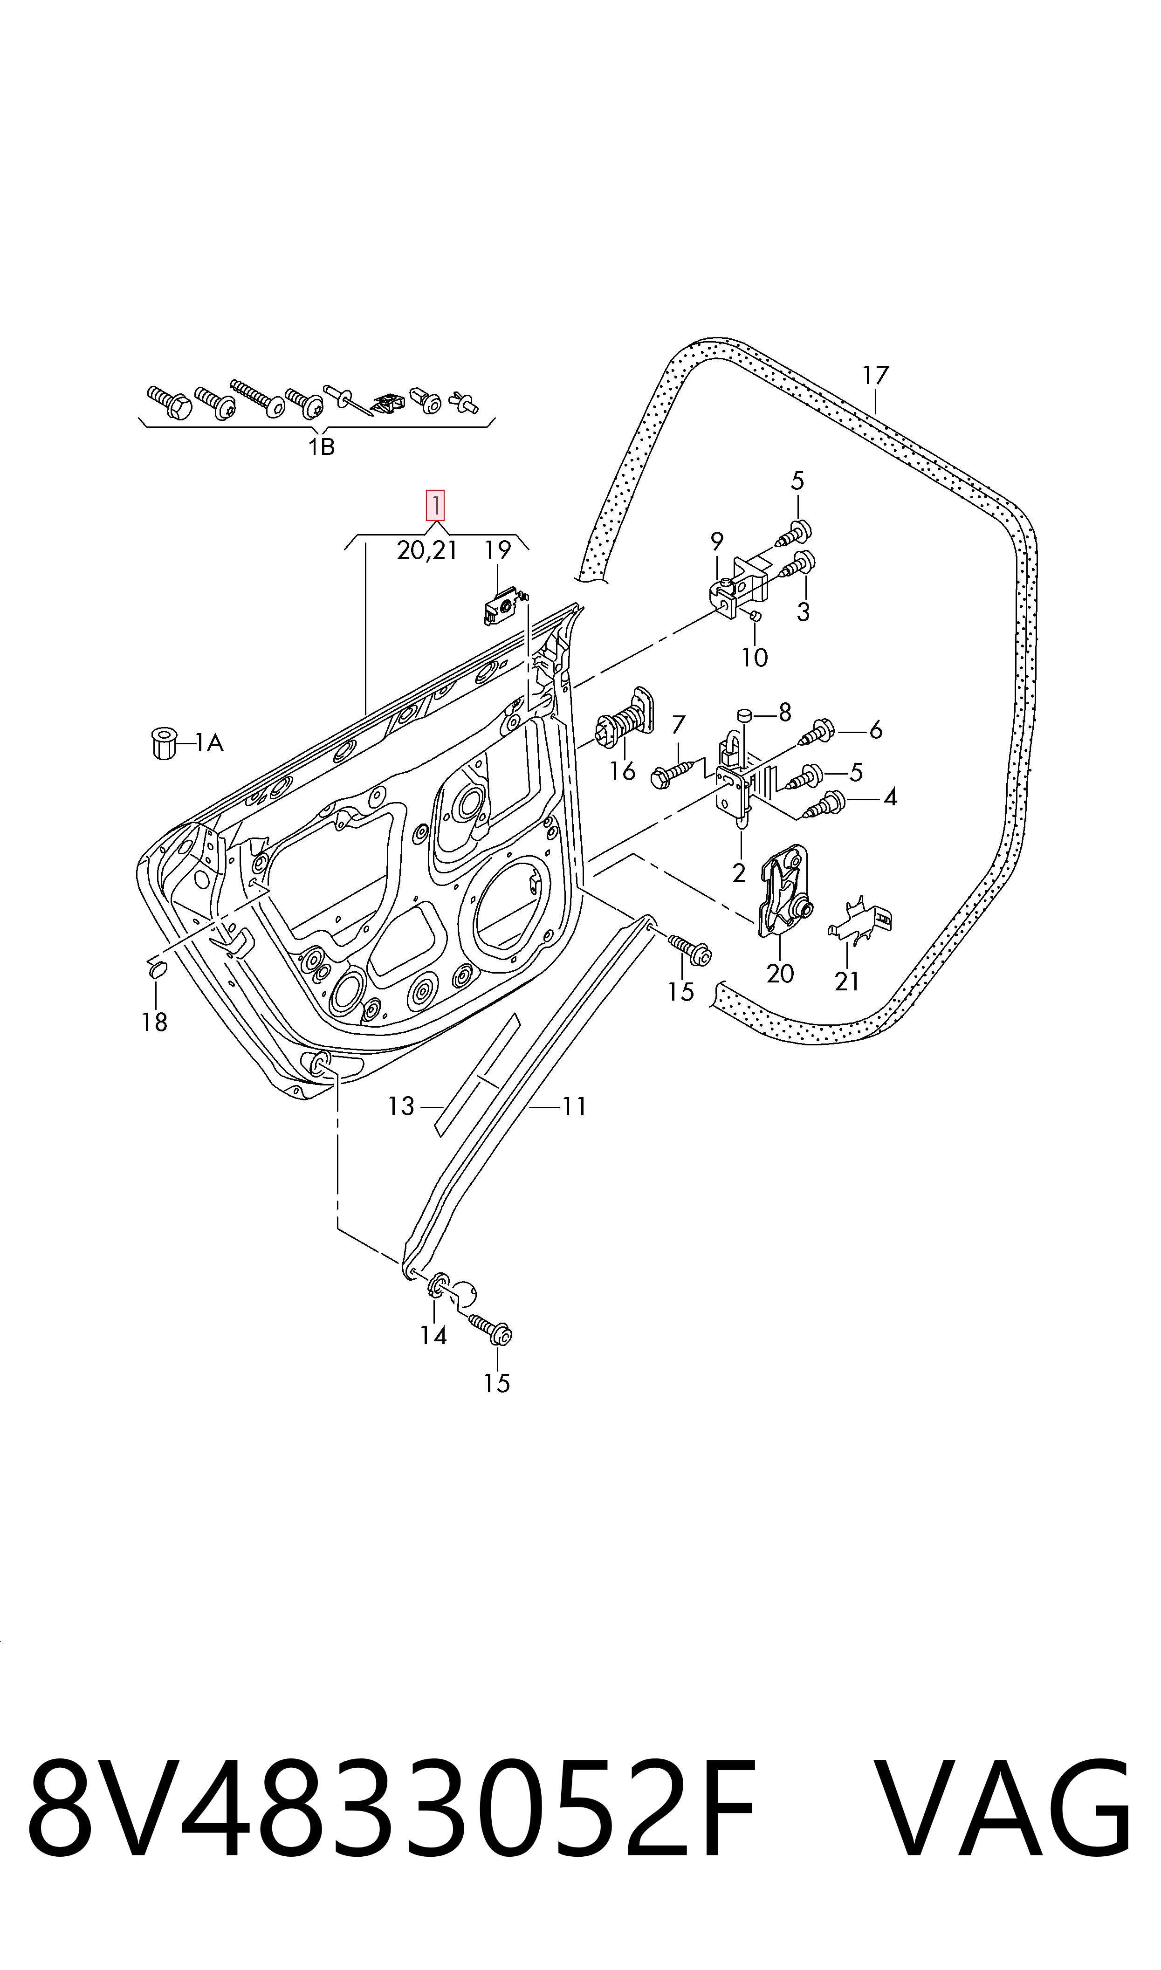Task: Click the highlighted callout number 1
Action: (435, 505)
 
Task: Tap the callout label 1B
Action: (321, 447)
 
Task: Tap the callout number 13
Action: (400, 1106)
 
